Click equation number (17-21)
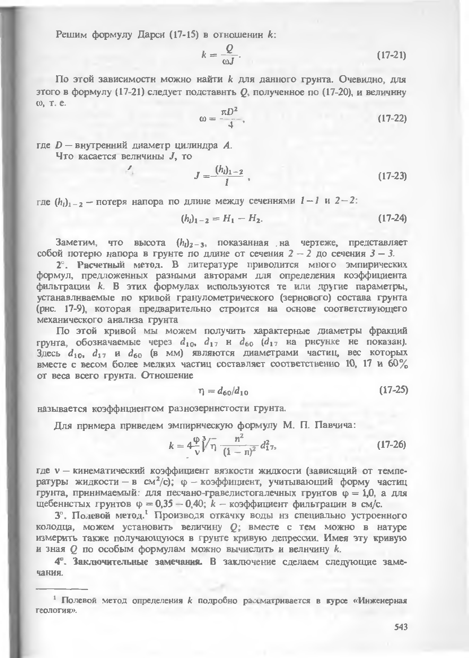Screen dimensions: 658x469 pyautogui.click(x=391, y=56)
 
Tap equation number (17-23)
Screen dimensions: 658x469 pyautogui.click(x=391, y=176)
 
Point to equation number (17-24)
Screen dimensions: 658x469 pyautogui.click(x=391, y=218)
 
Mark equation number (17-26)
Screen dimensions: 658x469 pyautogui.click(x=391, y=444)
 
